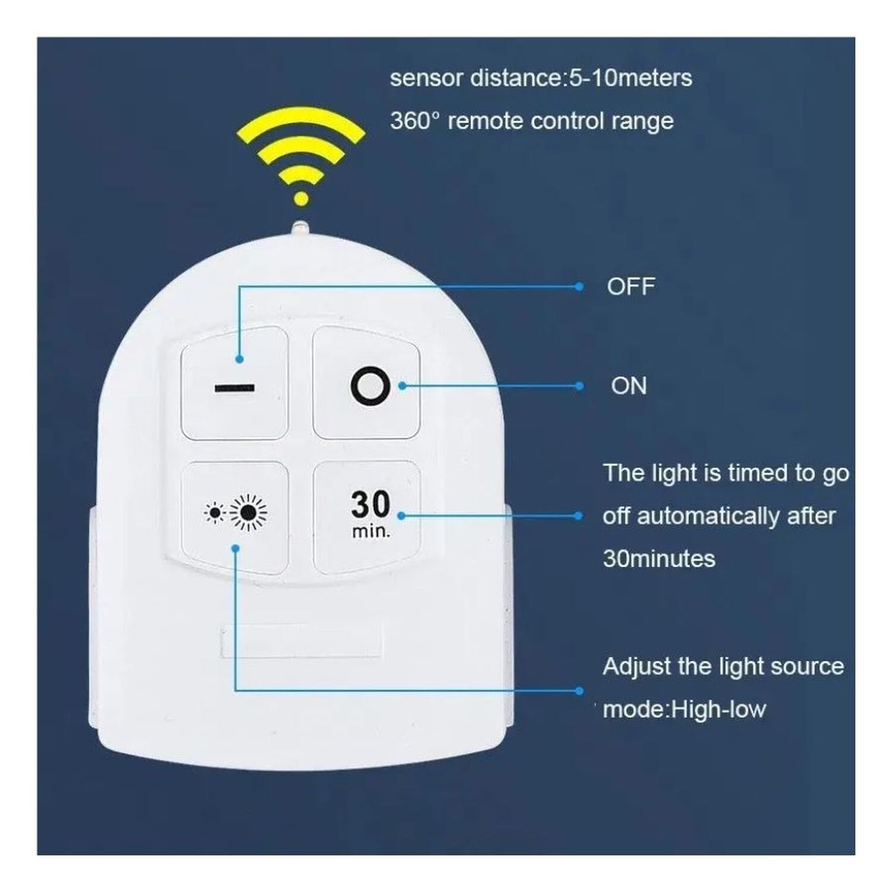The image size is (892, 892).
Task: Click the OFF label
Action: point(631,287)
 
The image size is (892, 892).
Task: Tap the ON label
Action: point(629,386)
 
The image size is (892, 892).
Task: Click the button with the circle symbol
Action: point(366,383)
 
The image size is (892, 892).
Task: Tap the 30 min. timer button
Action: point(367,517)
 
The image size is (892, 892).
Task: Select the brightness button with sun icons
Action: point(235,517)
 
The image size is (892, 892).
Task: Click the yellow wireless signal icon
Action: point(301,157)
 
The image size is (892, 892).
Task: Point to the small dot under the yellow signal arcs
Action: point(301,199)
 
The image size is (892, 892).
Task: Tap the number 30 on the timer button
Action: point(370,504)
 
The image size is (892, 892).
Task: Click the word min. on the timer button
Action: point(371,530)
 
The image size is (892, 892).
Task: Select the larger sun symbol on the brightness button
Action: point(249,511)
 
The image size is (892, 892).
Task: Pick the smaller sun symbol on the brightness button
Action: point(214,512)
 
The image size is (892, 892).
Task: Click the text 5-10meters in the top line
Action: point(630,78)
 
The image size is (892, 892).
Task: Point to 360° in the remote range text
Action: point(415,121)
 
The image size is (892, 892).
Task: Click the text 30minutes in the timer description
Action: point(659,558)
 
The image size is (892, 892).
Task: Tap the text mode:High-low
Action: point(684,709)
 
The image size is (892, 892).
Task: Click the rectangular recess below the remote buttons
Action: point(300,641)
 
